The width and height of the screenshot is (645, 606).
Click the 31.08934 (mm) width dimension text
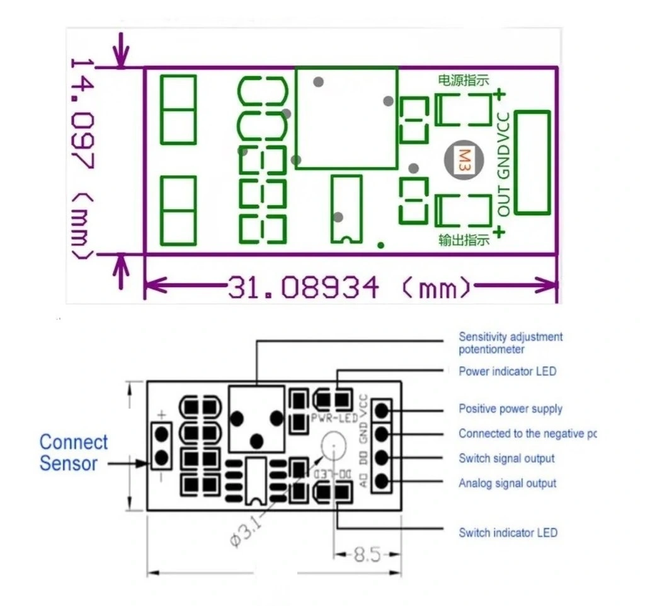[349, 288]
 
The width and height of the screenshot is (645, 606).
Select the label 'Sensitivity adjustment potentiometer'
[510, 343]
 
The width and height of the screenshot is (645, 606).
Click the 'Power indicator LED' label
[507, 371]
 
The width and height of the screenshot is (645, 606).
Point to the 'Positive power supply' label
[510, 409]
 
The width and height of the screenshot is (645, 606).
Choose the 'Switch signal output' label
[506, 458]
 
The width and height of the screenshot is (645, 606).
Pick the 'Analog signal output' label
[507, 483]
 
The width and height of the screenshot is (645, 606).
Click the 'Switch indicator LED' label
[508, 533]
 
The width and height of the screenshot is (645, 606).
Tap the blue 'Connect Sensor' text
[73, 453]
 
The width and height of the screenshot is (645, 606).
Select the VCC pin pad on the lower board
[382, 410]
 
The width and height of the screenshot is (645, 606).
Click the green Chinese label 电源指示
[464, 80]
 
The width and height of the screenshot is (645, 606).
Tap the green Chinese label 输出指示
[464, 240]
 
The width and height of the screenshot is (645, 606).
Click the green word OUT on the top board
[504, 201]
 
